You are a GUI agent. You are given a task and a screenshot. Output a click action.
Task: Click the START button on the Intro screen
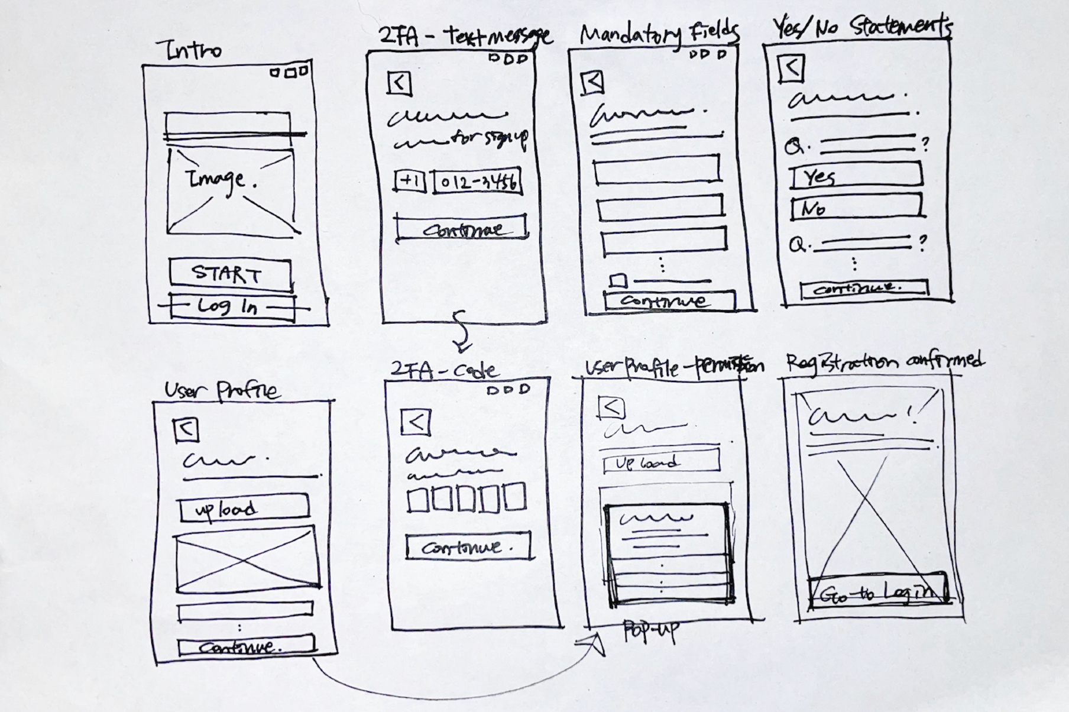click(229, 274)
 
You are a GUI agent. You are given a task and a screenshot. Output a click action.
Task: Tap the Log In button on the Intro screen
click(232, 306)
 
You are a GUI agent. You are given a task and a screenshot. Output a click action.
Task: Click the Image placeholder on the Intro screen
click(231, 190)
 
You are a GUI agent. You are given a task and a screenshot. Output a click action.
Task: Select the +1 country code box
click(410, 181)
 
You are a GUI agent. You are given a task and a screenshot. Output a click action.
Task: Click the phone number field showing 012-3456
click(478, 182)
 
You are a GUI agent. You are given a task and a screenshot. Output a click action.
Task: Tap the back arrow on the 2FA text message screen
click(400, 83)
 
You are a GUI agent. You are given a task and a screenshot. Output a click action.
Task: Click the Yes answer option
click(856, 176)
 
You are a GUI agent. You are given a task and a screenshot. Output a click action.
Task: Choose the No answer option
click(856, 208)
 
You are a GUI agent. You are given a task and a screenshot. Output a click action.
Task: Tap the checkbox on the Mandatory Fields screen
click(618, 280)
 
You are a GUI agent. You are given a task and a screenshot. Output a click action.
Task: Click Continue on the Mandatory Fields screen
click(669, 300)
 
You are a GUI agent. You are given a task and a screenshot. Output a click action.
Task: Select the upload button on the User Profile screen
click(244, 509)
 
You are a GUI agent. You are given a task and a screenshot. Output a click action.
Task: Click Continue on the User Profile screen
click(246, 646)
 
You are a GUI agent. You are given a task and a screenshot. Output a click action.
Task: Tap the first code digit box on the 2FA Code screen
click(418, 498)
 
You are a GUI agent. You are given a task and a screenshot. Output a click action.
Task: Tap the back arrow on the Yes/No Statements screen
click(791, 68)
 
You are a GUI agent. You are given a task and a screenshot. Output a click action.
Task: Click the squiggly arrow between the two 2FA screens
click(461, 331)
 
